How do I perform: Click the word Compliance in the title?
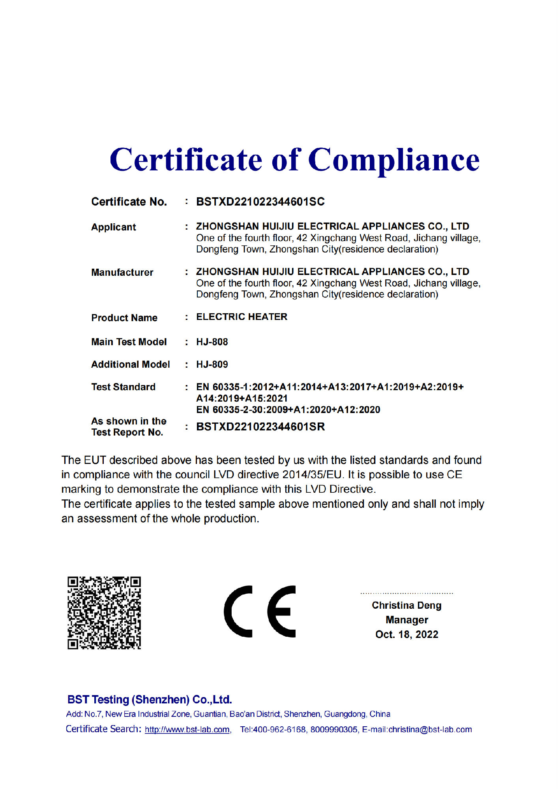pos(393,160)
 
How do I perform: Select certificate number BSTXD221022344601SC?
pos(260,202)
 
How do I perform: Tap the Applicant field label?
pos(114,227)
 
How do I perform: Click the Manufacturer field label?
pos(122,272)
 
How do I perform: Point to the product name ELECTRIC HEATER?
pos(242,317)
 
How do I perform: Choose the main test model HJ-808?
pos(212,342)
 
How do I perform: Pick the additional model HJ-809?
pos(212,364)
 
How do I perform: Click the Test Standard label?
pos(123,387)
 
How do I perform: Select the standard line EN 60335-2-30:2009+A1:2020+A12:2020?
pos(288,409)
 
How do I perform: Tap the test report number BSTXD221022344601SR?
pos(260,426)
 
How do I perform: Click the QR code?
pos(104,613)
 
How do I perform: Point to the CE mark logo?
pos(260,611)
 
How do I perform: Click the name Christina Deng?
pos(406,605)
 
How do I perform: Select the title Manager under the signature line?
pos(406,620)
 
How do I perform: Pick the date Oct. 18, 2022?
pos(406,634)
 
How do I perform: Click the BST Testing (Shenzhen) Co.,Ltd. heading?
pos(150,699)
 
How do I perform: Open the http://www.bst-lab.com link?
pos(187,729)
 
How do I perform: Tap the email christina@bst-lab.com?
pos(430,729)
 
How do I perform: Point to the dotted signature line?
pos(406,593)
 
